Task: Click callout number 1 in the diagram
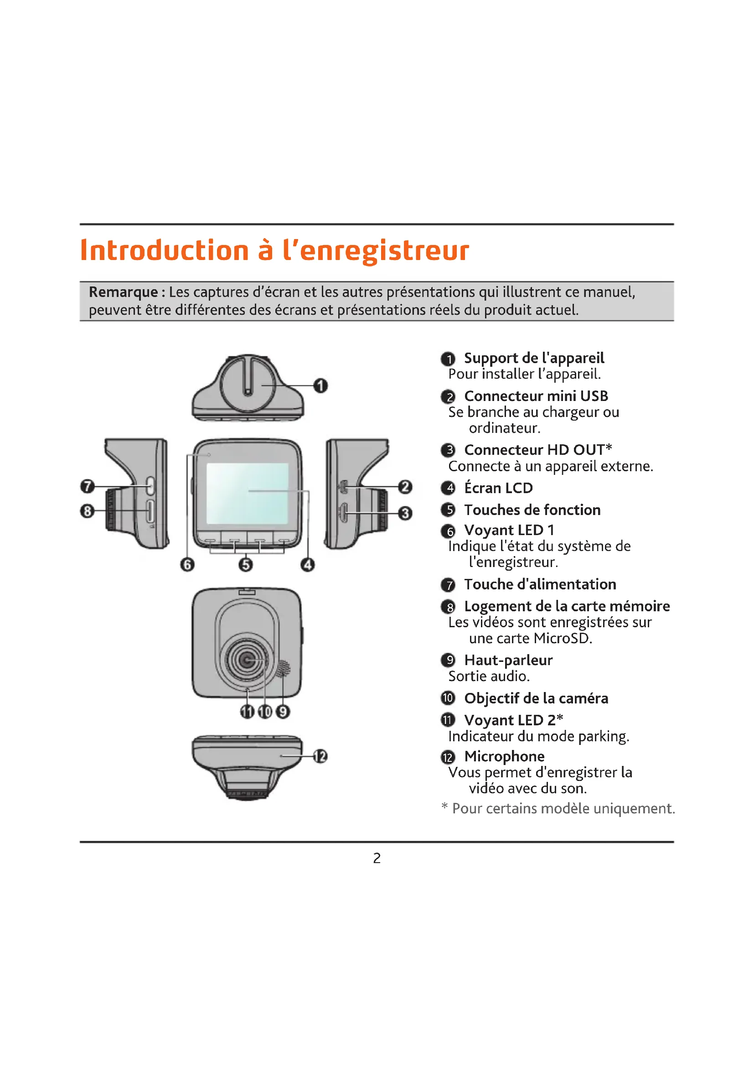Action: (x=320, y=386)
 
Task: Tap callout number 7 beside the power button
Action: (x=87, y=486)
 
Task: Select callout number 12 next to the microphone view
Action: (x=320, y=756)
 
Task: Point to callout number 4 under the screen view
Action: (x=307, y=565)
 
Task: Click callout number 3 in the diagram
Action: (x=405, y=513)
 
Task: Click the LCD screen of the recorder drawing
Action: (x=247, y=493)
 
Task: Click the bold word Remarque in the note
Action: (x=124, y=292)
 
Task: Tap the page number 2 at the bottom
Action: (x=377, y=858)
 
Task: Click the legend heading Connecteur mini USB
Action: (x=536, y=396)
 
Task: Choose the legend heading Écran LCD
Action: (x=498, y=488)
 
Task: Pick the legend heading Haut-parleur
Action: (x=508, y=660)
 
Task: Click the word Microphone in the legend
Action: (x=504, y=756)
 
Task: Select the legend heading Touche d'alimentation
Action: (x=540, y=584)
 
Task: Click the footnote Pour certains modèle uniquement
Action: (x=563, y=808)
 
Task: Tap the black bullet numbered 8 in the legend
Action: (x=448, y=607)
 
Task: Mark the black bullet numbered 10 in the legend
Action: (x=448, y=698)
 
